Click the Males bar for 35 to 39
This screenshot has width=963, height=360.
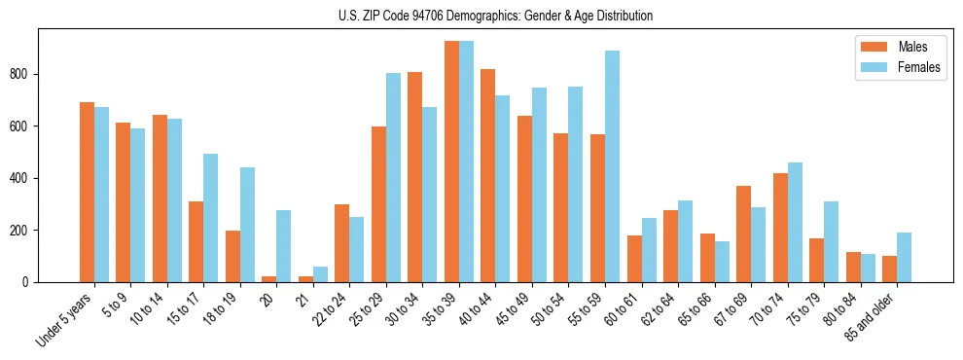pyautogui.click(x=451, y=162)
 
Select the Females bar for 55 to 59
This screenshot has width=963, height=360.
pyautogui.click(x=612, y=166)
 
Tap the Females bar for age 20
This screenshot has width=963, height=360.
pyautogui.click(x=283, y=246)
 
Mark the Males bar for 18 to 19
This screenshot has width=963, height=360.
pyautogui.click(x=232, y=256)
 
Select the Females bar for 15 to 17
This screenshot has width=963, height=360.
pyautogui.click(x=210, y=218)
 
